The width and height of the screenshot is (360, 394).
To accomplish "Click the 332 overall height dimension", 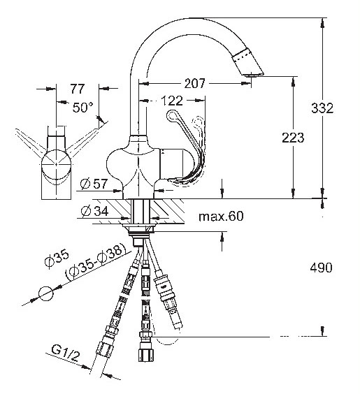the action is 322,108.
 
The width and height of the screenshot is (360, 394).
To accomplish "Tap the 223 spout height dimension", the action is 293,138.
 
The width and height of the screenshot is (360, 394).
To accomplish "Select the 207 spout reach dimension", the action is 195,83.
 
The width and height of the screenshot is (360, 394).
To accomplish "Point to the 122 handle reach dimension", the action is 172,101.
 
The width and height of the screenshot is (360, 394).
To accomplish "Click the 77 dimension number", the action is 78,89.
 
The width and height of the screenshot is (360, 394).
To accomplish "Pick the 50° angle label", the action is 83,108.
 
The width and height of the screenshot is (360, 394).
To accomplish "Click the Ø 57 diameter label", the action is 94,184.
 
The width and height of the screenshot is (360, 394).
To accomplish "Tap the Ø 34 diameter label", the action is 95,210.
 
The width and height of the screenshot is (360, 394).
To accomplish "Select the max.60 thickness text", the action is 221,216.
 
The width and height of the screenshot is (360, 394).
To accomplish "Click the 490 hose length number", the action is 321,268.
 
